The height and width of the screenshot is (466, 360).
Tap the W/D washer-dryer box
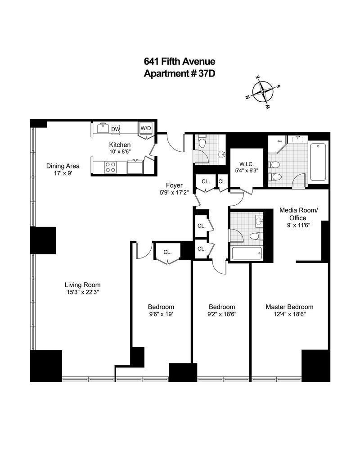tap(146, 128)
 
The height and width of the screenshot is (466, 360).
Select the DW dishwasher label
tap(116, 130)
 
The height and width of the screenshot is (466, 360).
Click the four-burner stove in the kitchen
tap(110, 167)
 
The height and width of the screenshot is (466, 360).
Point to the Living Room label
tap(82, 285)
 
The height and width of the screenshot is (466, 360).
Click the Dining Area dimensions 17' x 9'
tap(63, 173)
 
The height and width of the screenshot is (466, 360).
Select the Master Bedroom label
tap(289, 307)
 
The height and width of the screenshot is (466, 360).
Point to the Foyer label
tap(174, 185)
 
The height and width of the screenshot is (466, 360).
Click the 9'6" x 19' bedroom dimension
tap(161, 314)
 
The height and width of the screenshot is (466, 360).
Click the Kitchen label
tap(120, 145)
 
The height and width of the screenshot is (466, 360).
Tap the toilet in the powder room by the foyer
tap(201, 144)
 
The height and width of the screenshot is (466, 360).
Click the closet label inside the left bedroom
tap(167, 252)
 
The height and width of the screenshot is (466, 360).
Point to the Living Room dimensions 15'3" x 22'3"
tap(82, 292)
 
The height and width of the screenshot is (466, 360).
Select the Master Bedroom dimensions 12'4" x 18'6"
tap(289, 314)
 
